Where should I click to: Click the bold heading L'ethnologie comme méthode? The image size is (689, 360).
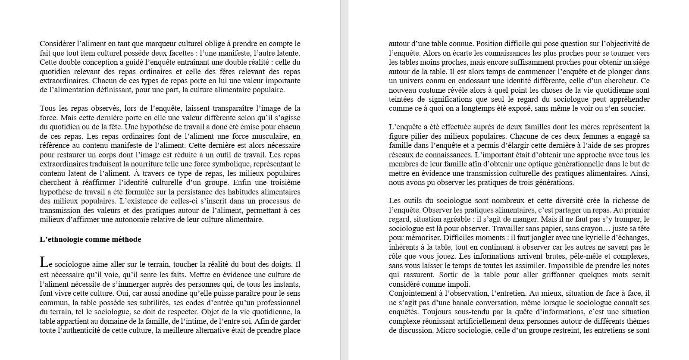click(91, 239)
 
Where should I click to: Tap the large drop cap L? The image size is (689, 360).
click(43, 262)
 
